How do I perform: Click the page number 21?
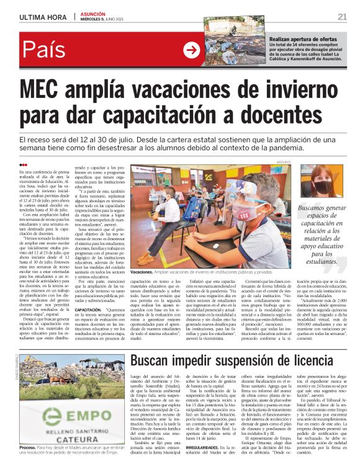[342, 16]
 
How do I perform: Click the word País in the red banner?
[43, 50]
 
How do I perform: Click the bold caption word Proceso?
[28, 447]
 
